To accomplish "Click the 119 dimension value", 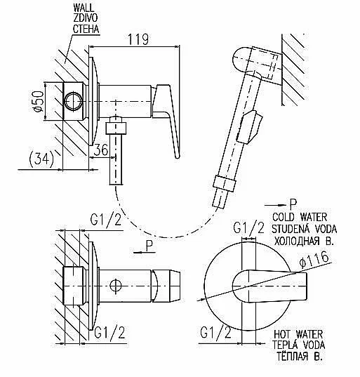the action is pos(138,39).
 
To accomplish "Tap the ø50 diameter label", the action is pos(38,101).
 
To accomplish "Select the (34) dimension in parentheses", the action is pos(41,159).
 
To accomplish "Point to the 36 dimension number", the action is pos(101,150).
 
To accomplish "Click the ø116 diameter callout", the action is pos(314,260).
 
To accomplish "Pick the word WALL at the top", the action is pos(83,8).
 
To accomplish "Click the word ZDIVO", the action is pos(85,18).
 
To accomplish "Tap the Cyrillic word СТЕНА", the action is pos(86,29).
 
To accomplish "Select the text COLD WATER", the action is pos(300,217).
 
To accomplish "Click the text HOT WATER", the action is pos(298,334).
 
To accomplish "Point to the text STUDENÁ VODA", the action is pos(304,229).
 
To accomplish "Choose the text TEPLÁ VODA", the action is pos(298,345).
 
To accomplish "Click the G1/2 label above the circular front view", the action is pos(248,227).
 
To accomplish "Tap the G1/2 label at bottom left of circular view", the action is pos(215,333).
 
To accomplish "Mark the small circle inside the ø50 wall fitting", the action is pos(73,101).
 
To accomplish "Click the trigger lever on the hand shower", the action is pos(249,126).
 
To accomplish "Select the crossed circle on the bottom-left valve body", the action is pos(116,286).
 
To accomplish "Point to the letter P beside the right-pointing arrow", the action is pos(293,205).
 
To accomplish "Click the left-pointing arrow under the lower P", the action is pos(145,252).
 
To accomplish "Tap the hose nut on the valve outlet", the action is pos(116,128).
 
